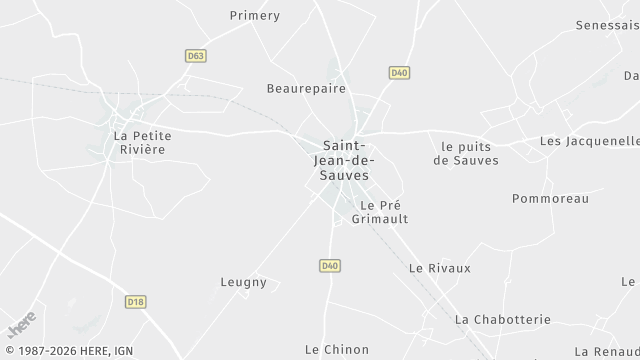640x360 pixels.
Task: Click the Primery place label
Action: click(x=255, y=16)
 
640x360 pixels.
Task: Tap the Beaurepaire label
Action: click(x=306, y=88)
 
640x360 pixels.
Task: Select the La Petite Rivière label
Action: click(x=139, y=142)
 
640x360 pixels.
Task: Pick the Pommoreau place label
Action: click(x=550, y=198)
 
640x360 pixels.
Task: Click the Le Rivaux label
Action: click(x=439, y=268)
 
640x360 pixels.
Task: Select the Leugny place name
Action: click(x=244, y=282)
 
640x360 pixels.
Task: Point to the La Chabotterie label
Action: click(x=502, y=319)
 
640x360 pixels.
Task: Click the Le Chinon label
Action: click(x=337, y=349)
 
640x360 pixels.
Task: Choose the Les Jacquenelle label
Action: click(x=588, y=141)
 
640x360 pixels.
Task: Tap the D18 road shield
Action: click(x=136, y=301)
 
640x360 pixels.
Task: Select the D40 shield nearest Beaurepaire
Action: click(x=399, y=72)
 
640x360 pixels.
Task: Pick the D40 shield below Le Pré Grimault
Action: click(x=330, y=265)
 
